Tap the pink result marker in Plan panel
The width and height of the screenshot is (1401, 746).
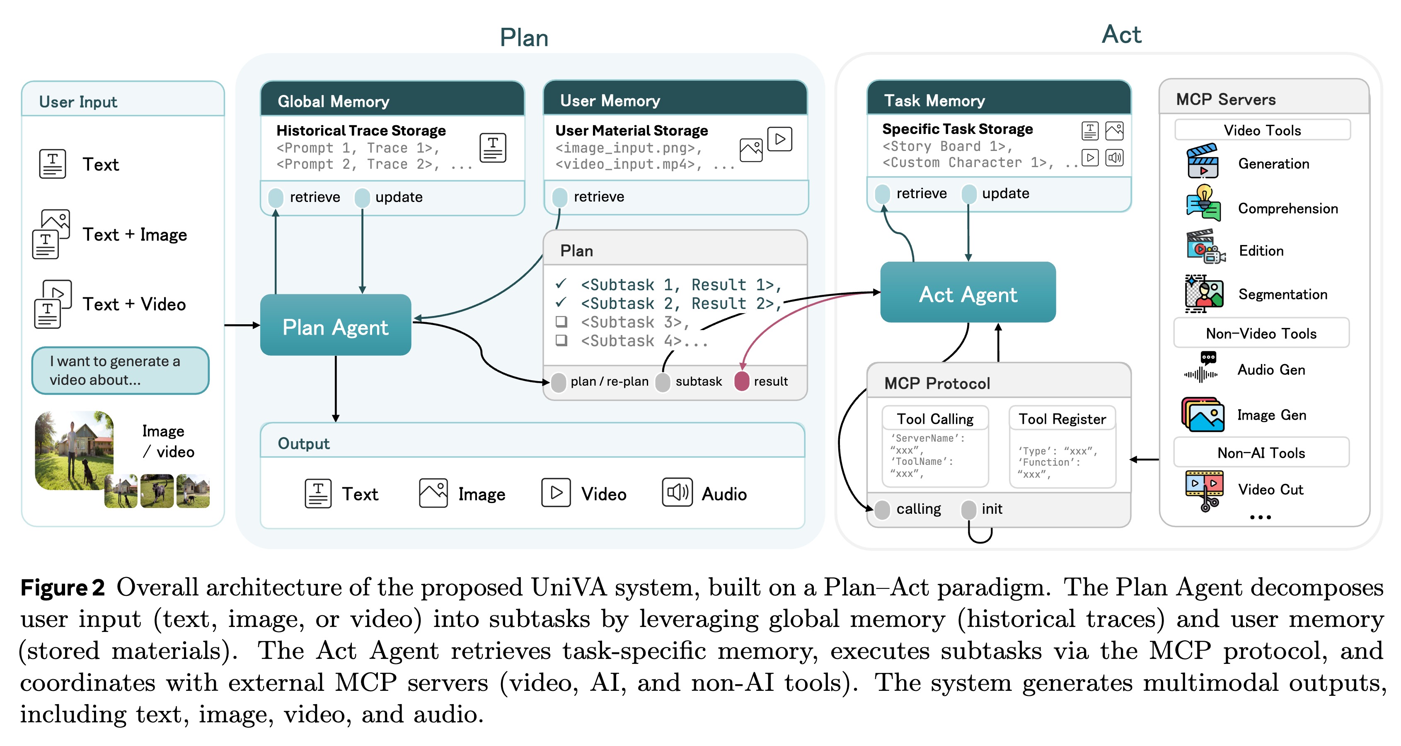pos(741,382)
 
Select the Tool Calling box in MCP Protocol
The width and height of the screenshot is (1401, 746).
pos(934,446)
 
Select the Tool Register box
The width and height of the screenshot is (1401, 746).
pos(1062,446)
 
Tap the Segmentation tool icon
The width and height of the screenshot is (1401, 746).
pos(1204,294)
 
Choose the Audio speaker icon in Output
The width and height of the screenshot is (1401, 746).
pos(677,493)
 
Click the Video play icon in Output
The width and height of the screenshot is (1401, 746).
pos(555,493)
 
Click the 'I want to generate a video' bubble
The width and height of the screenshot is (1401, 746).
pos(120,371)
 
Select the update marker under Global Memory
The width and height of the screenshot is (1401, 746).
pos(362,197)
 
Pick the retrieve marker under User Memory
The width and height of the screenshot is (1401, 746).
pos(560,197)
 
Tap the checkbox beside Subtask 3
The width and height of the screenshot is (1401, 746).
pos(561,321)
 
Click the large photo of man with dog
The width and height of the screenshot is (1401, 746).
pos(73,450)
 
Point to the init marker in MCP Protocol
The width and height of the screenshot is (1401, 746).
pos(969,509)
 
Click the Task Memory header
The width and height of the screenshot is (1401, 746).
pos(999,100)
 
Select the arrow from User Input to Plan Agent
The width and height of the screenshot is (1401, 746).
pos(242,326)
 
